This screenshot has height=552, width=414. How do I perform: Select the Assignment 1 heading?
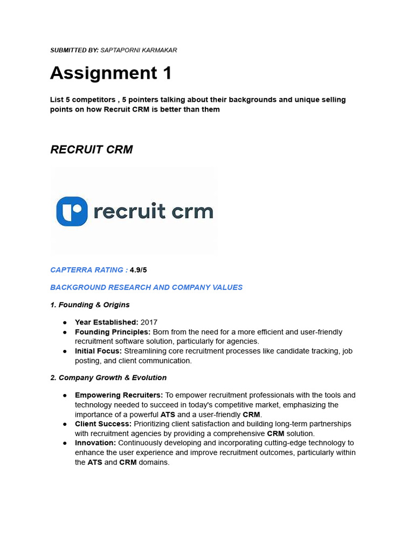tap(111, 73)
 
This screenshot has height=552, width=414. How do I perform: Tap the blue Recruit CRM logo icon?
tap(72, 211)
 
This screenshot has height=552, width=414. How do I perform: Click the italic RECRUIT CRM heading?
tap(92, 150)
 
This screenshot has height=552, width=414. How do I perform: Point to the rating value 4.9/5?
tap(138, 270)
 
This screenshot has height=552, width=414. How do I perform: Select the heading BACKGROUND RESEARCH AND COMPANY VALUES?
tap(147, 287)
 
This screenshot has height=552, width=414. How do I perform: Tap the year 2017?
tap(149, 322)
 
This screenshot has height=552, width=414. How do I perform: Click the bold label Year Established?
tap(107, 322)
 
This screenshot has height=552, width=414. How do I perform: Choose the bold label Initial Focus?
tap(98, 351)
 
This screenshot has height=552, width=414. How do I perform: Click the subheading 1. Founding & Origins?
tap(90, 305)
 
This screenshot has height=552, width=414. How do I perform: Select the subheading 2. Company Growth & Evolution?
tap(108, 378)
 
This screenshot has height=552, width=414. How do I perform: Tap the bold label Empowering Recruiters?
tap(119, 395)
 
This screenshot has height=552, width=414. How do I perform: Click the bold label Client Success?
tap(103, 424)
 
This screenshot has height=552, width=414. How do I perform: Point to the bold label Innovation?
tap(95, 443)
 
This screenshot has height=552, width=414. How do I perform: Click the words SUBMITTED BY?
tap(74, 50)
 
